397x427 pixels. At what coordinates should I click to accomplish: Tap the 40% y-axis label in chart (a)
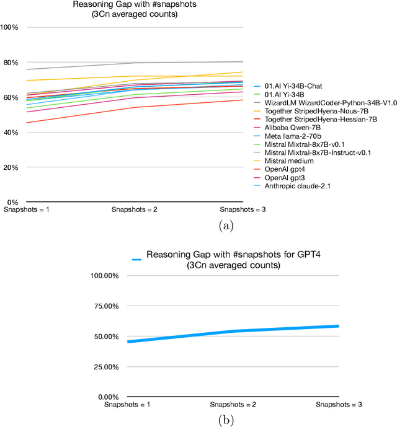coord(12,133)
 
